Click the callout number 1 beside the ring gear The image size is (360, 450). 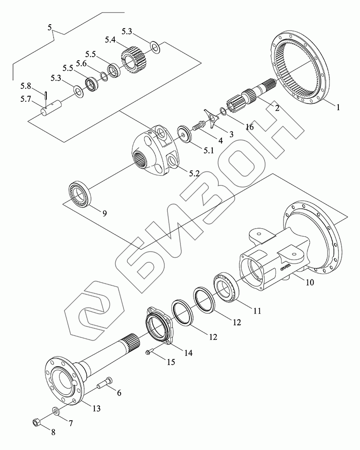(338, 108)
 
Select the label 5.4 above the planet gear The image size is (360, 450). (110, 40)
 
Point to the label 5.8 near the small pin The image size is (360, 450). (26, 86)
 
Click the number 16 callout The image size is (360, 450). (250, 127)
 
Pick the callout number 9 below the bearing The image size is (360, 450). (104, 213)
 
